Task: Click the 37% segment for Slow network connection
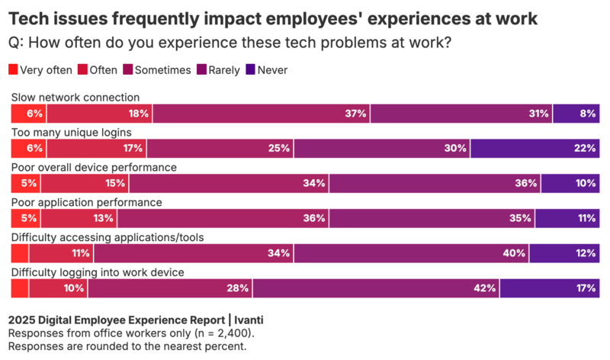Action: point(261,114)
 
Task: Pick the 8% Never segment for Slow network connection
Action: point(576,114)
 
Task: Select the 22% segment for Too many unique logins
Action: point(535,149)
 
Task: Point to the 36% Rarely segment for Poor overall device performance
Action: point(435,184)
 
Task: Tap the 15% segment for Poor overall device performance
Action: point(85,184)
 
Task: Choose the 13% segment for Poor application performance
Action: point(79,219)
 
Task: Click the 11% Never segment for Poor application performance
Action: point(567,219)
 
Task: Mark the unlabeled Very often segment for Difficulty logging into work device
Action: point(20,288)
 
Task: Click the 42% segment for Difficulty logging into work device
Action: point(377,288)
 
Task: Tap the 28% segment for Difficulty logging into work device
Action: point(170,288)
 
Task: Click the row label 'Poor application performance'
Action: point(86,202)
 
